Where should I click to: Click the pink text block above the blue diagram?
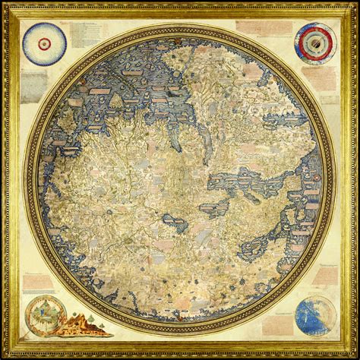(x=323, y=277)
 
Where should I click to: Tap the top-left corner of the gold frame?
(x=5, y=5)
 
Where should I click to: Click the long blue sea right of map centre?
(x=251, y=182)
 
